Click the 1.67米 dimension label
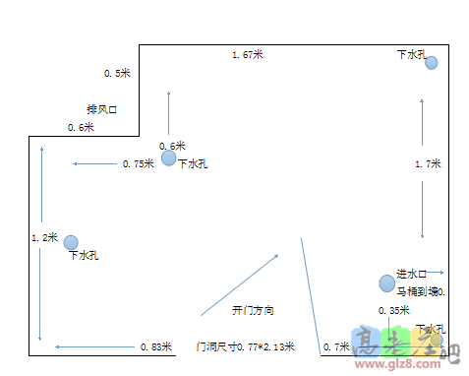tap(248, 55)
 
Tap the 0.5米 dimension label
tap(117, 74)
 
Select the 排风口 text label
tap(102, 109)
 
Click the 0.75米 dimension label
tap(139, 164)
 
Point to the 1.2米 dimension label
tap(45, 237)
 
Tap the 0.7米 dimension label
tap(336, 347)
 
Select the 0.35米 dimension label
tap(393, 311)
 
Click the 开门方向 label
tap(253, 311)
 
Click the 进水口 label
tap(410, 274)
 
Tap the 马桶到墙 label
tap(420, 291)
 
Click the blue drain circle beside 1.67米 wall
tap(431, 63)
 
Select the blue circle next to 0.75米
tap(168, 157)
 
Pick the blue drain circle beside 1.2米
tap(71, 242)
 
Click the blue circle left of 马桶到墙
tap(386, 283)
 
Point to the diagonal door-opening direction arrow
tap(240, 284)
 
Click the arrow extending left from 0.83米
tap(93, 347)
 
